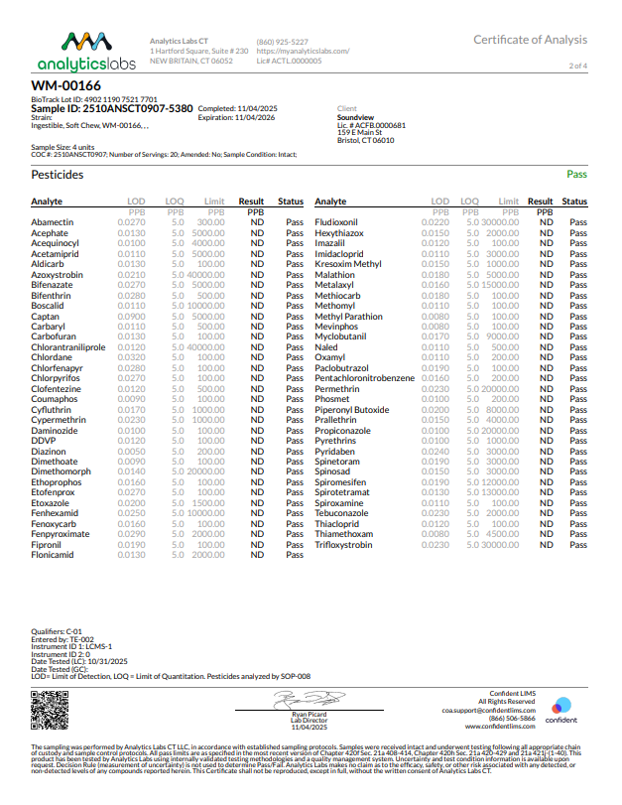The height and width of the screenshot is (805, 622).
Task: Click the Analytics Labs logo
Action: [x=86, y=53]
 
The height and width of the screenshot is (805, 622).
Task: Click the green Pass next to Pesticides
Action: [x=576, y=175]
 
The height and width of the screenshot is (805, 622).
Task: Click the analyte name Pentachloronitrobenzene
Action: [x=364, y=378]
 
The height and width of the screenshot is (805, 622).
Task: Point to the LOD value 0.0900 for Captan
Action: [x=132, y=317]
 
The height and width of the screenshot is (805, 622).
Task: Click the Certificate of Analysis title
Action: [x=530, y=40]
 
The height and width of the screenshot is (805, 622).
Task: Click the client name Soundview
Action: [x=355, y=117]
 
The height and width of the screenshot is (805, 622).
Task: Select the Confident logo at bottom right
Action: [x=561, y=712]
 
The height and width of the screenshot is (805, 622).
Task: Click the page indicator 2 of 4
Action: [x=577, y=66]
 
